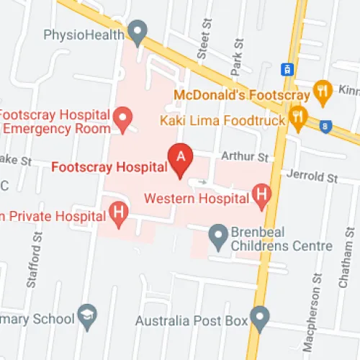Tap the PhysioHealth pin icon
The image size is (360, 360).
pos(137,32)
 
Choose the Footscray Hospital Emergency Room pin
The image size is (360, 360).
pos(124,117)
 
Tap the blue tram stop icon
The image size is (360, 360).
pos(287,69)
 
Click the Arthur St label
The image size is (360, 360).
pos(244,156)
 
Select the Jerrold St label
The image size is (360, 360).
pos(312,176)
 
